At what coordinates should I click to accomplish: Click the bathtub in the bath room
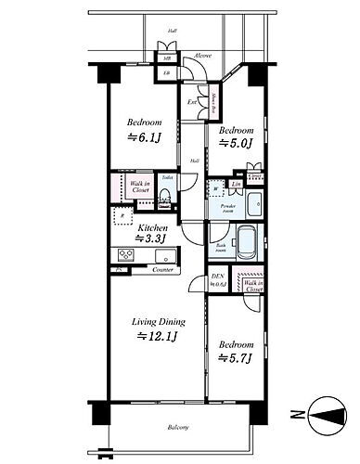tap(248, 243)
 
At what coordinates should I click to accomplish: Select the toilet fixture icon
tap(165, 196)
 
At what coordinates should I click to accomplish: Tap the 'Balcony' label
tap(177, 427)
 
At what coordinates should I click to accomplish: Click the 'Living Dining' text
tap(158, 321)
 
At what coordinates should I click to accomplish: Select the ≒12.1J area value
tap(158, 336)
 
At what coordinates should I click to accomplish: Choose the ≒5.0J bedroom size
tap(236, 144)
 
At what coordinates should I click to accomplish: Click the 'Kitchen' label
tap(153, 227)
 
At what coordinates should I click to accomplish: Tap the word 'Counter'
tap(164, 270)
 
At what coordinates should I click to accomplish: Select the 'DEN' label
tap(218, 277)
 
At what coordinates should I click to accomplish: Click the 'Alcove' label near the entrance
tap(202, 56)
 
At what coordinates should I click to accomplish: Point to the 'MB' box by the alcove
tap(167, 58)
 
